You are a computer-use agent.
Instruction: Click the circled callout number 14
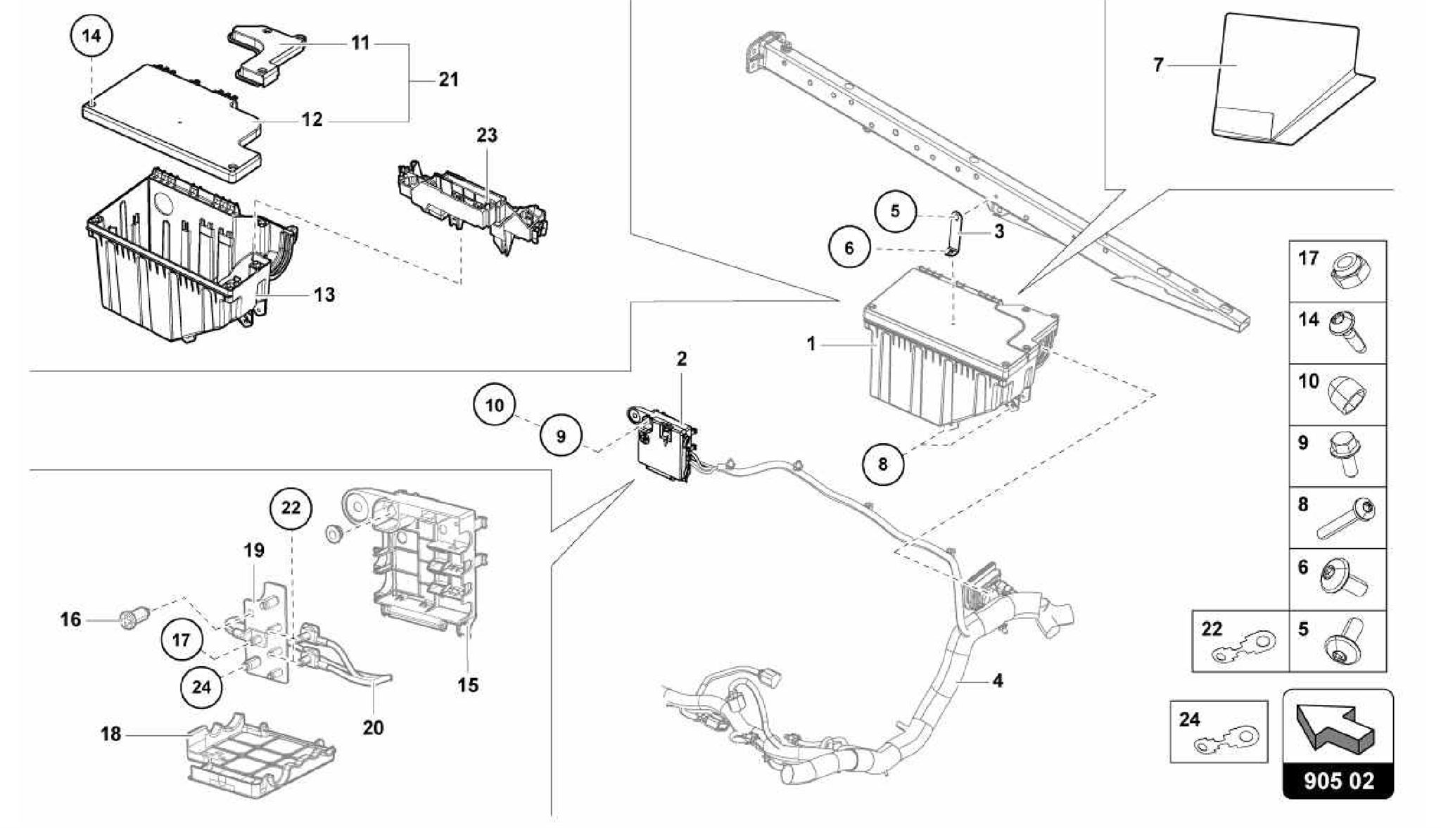click(x=92, y=35)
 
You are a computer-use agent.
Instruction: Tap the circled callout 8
click(x=883, y=464)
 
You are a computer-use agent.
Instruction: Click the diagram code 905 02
click(x=1338, y=780)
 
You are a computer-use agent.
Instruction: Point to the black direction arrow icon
click(x=1336, y=725)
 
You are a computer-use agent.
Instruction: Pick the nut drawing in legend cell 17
click(x=1346, y=272)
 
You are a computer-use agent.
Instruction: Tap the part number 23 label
click(x=487, y=134)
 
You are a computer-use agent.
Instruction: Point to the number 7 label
click(x=1158, y=65)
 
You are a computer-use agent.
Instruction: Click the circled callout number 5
click(x=895, y=210)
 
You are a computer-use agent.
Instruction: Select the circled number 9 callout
click(x=561, y=437)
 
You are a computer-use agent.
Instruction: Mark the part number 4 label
click(x=997, y=680)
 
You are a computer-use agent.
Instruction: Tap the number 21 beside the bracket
click(x=448, y=79)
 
